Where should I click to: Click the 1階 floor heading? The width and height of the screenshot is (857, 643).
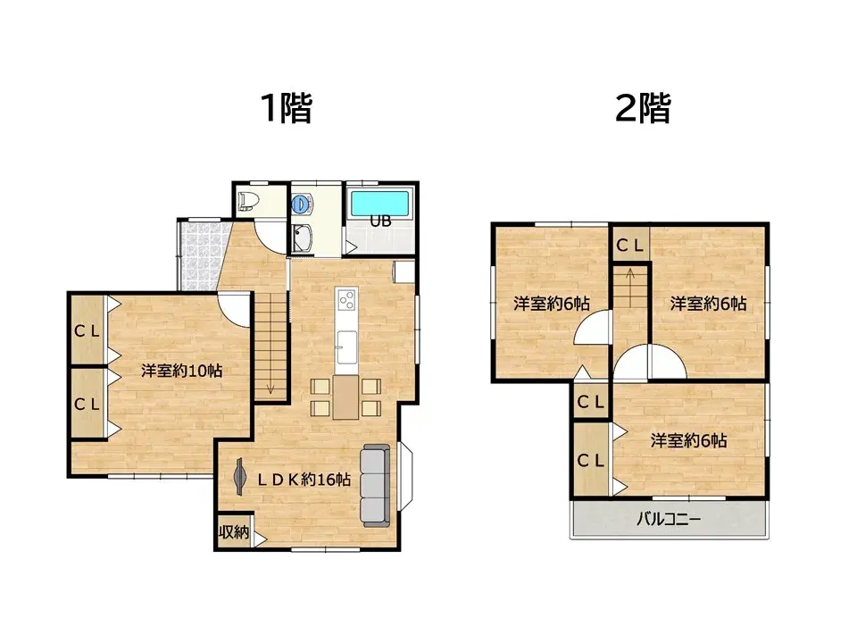click(286, 109)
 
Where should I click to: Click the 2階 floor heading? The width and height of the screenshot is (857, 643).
click(643, 109)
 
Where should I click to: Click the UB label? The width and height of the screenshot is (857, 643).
click(379, 221)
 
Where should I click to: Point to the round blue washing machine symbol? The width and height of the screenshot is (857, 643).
click(302, 205)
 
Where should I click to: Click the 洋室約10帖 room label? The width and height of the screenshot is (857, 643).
click(181, 371)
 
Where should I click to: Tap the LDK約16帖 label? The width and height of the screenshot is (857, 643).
click(304, 480)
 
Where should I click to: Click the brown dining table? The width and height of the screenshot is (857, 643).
click(345, 397)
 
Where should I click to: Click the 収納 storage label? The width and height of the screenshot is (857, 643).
click(233, 532)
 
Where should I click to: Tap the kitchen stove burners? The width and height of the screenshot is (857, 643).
click(346, 300)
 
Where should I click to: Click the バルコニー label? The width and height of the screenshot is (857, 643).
click(669, 519)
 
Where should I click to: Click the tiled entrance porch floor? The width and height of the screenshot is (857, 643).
click(197, 255)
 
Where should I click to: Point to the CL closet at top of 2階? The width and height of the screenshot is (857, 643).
click(629, 243)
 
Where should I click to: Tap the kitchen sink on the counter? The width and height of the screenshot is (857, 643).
click(345, 340)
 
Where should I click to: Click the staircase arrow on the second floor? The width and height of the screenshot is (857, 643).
click(630, 286)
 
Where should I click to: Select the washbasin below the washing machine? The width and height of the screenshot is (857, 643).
click(304, 238)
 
